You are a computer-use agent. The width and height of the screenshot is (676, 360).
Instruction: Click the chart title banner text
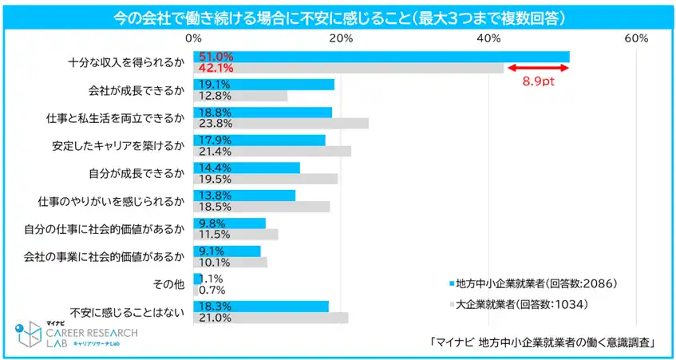tap(338, 16)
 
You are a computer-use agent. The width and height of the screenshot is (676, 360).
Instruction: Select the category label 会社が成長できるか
tap(136, 90)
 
